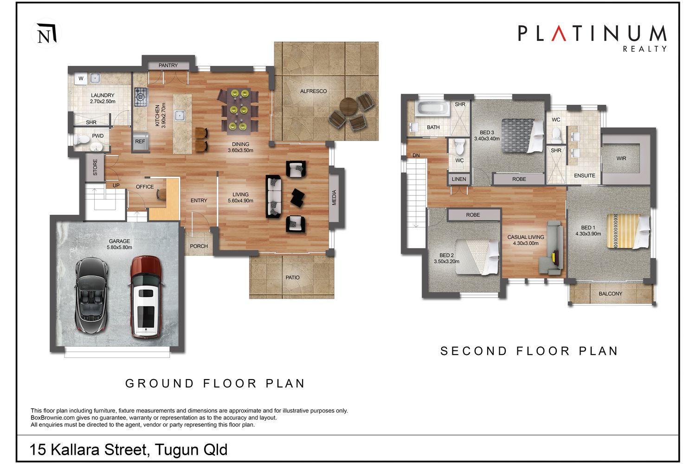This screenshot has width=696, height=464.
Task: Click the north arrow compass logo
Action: (46, 33)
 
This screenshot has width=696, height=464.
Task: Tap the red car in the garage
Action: (145, 297)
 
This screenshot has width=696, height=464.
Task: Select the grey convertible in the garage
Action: (92, 295)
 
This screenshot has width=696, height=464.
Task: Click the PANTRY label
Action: (168, 65)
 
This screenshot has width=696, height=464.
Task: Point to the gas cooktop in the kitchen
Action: (141, 97)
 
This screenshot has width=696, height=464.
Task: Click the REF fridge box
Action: (140, 142)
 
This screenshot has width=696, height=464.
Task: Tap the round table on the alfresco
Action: (348, 107)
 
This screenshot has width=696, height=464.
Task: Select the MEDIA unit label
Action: (335, 197)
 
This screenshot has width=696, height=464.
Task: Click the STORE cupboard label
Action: (95, 167)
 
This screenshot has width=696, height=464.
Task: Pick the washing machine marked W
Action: (81, 78)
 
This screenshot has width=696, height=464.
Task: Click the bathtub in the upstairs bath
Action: (432, 109)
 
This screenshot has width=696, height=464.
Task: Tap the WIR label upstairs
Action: (621, 159)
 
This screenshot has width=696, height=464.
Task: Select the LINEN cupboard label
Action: (459, 179)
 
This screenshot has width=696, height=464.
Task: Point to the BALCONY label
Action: (611, 294)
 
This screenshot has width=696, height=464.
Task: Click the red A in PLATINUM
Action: (559, 33)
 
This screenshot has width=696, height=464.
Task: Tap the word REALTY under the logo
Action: (645, 49)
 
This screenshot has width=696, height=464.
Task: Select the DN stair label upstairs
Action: (416, 155)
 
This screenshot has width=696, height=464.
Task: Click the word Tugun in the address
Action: (176, 450)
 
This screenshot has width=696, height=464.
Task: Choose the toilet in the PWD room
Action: (80, 140)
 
